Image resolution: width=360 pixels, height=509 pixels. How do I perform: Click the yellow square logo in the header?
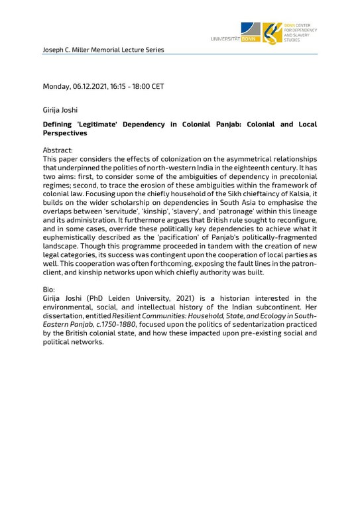pos(272,32)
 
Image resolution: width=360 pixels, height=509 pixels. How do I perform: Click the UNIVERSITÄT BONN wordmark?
pos(231,40)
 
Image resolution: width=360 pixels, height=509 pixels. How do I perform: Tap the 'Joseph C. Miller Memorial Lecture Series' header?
pos(103,50)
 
